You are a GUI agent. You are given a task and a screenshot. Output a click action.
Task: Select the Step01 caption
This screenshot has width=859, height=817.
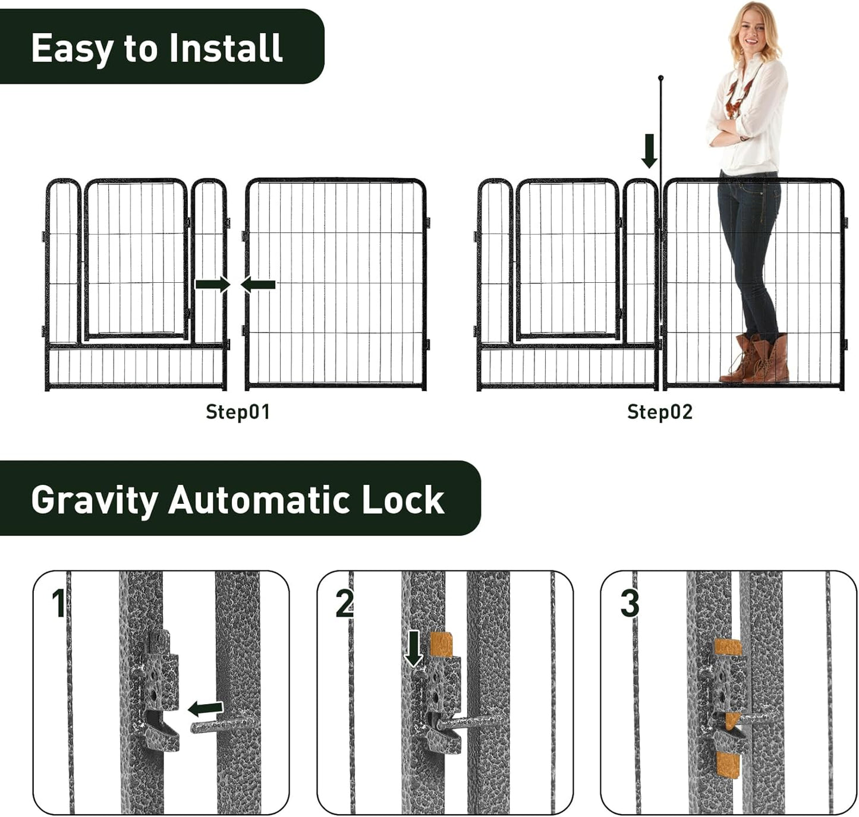coord(238,412)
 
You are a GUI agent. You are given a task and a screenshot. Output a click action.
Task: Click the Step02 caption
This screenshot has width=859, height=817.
coord(660,412)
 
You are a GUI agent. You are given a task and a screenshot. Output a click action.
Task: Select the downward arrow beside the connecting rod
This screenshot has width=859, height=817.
coord(649,151)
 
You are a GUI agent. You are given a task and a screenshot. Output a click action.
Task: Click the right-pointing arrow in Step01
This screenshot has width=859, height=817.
coord(213,285)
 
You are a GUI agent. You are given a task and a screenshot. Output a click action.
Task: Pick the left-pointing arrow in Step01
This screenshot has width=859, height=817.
coord(259,285)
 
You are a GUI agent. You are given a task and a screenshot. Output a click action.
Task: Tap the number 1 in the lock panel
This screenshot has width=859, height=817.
coord(58,604)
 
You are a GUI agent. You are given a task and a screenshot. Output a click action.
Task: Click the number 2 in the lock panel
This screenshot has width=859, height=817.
coord(345,604)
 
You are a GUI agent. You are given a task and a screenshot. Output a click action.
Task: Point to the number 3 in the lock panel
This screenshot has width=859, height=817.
coord(630,604)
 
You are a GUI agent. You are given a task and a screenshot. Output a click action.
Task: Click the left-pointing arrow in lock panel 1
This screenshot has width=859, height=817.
coord(206,708)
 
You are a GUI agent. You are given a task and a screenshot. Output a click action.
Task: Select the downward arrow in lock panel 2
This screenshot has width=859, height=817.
coord(414,649)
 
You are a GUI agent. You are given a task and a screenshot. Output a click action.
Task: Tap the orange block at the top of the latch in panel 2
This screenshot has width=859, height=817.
coord(440,644)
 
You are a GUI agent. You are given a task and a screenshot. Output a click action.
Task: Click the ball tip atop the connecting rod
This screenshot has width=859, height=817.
coord(660,78)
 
